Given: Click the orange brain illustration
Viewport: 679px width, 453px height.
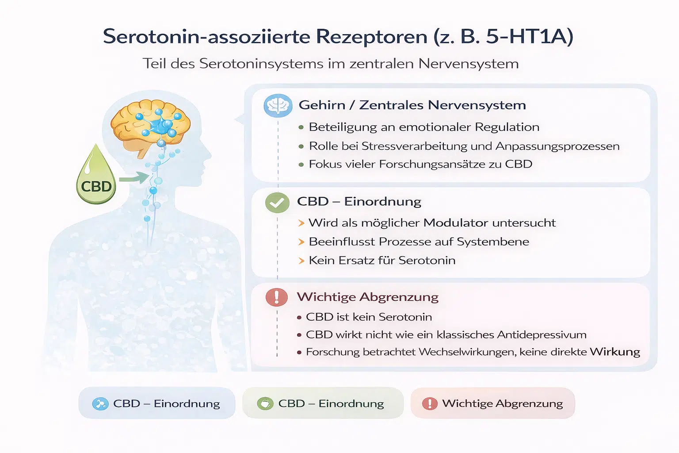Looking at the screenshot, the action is (x=150, y=126).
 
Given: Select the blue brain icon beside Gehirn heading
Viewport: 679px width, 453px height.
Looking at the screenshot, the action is (x=278, y=106).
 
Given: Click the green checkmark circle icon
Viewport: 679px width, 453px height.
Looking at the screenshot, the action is (x=277, y=202).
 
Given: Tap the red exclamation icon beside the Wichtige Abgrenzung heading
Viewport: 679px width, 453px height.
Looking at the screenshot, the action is (x=276, y=297).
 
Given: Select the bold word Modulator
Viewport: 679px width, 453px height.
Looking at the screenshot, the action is (x=456, y=223).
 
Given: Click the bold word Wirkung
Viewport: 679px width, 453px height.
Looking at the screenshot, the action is (x=615, y=352).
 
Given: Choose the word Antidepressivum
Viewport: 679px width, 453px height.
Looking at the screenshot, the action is (x=542, y=335).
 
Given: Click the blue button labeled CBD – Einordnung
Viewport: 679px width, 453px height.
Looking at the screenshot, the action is (x=157, y=403).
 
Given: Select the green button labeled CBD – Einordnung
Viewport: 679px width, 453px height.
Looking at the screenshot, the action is (x=323, y=403).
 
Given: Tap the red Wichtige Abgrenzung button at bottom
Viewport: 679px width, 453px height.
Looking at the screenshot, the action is (x=492, y=403).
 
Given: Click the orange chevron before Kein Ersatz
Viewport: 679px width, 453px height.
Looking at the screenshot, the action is (x=301, y=261).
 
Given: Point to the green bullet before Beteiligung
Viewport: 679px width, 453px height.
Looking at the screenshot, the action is (x=301, y=127).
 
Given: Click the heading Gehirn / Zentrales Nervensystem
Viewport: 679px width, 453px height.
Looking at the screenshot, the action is (x=412, y=105).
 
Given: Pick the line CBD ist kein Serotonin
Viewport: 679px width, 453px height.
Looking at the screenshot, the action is (x=369, y=317).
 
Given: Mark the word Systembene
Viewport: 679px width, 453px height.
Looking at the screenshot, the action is (x=493, y=242).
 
